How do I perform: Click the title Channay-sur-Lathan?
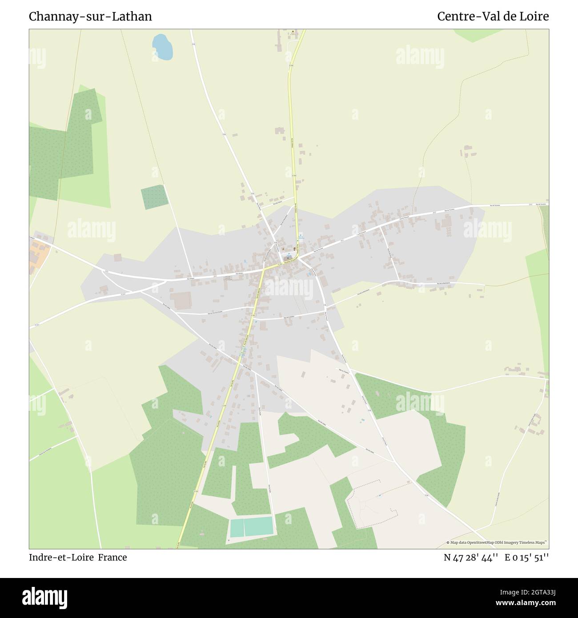click(90, 16)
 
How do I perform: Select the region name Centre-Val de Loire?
click(493, 16)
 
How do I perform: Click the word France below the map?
click(112, 557)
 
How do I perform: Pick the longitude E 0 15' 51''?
click(526, 558)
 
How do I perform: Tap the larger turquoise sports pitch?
click(258, 526)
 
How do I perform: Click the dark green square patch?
click(154, 197)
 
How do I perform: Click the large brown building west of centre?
click(181, 301)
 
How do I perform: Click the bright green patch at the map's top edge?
click(472, 35)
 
